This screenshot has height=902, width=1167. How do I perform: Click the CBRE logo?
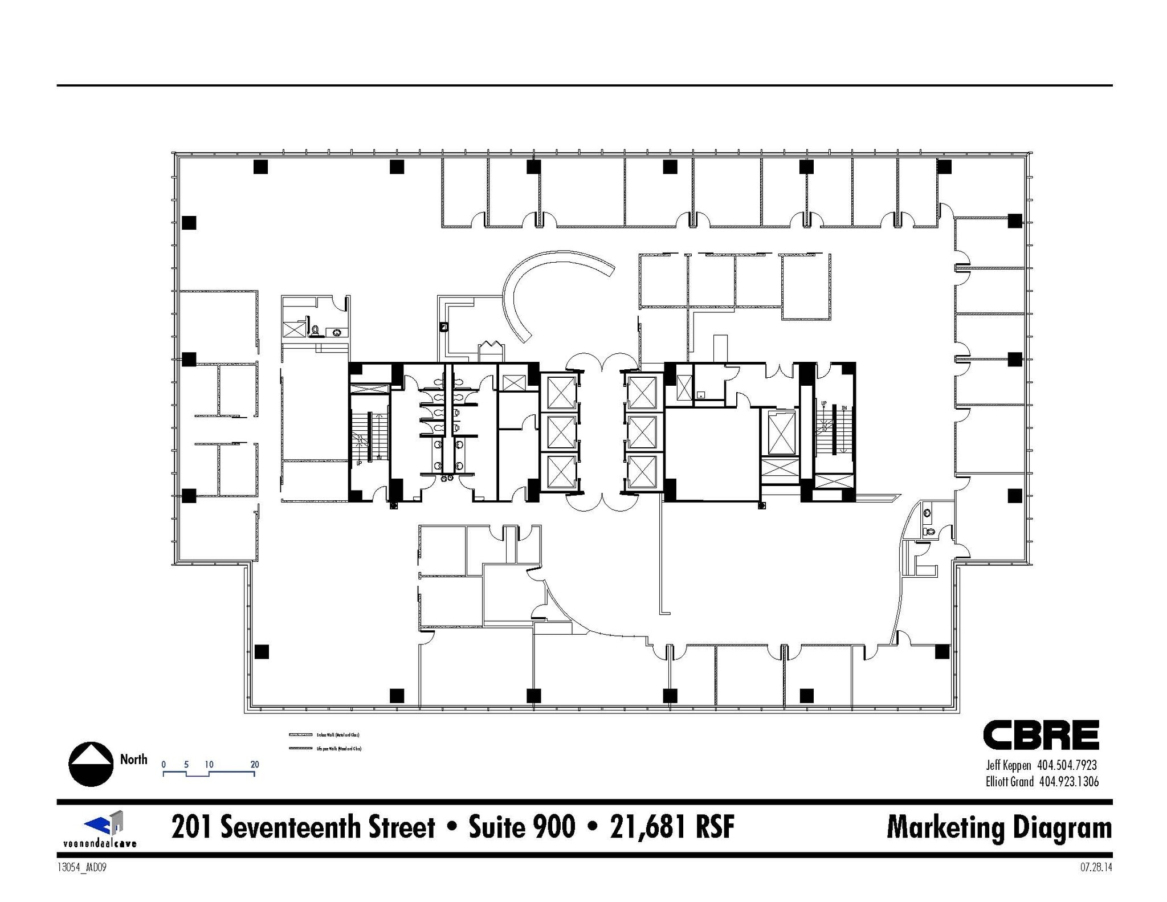(1040, 735)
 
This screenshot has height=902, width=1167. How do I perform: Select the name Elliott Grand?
(1009, 782)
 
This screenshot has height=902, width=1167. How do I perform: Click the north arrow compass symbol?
(91, 764)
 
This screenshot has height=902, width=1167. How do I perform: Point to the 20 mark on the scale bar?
(255, 765)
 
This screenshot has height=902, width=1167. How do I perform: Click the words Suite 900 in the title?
(522, 827)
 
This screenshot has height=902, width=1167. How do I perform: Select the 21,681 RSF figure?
(672, 827)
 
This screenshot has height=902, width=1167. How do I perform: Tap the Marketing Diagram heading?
(999, 828)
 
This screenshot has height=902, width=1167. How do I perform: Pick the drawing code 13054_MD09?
(82, 868)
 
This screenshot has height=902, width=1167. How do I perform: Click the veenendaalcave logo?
(100, 829)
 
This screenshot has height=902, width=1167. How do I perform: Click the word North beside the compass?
(134, 759)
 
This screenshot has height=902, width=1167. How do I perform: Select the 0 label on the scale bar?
(164, 765)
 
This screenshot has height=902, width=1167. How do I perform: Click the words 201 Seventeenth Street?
(303, 827)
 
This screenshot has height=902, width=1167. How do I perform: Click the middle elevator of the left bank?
(561, 432)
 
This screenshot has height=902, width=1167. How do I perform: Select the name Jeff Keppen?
(1009, 766)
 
